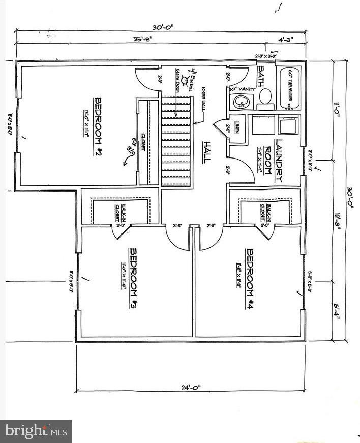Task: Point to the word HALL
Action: (x=206, y=151)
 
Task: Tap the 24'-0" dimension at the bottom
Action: (x=191, y=388)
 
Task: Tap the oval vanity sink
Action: (x=240, y=103)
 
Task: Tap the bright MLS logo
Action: (x=36, y=431)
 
